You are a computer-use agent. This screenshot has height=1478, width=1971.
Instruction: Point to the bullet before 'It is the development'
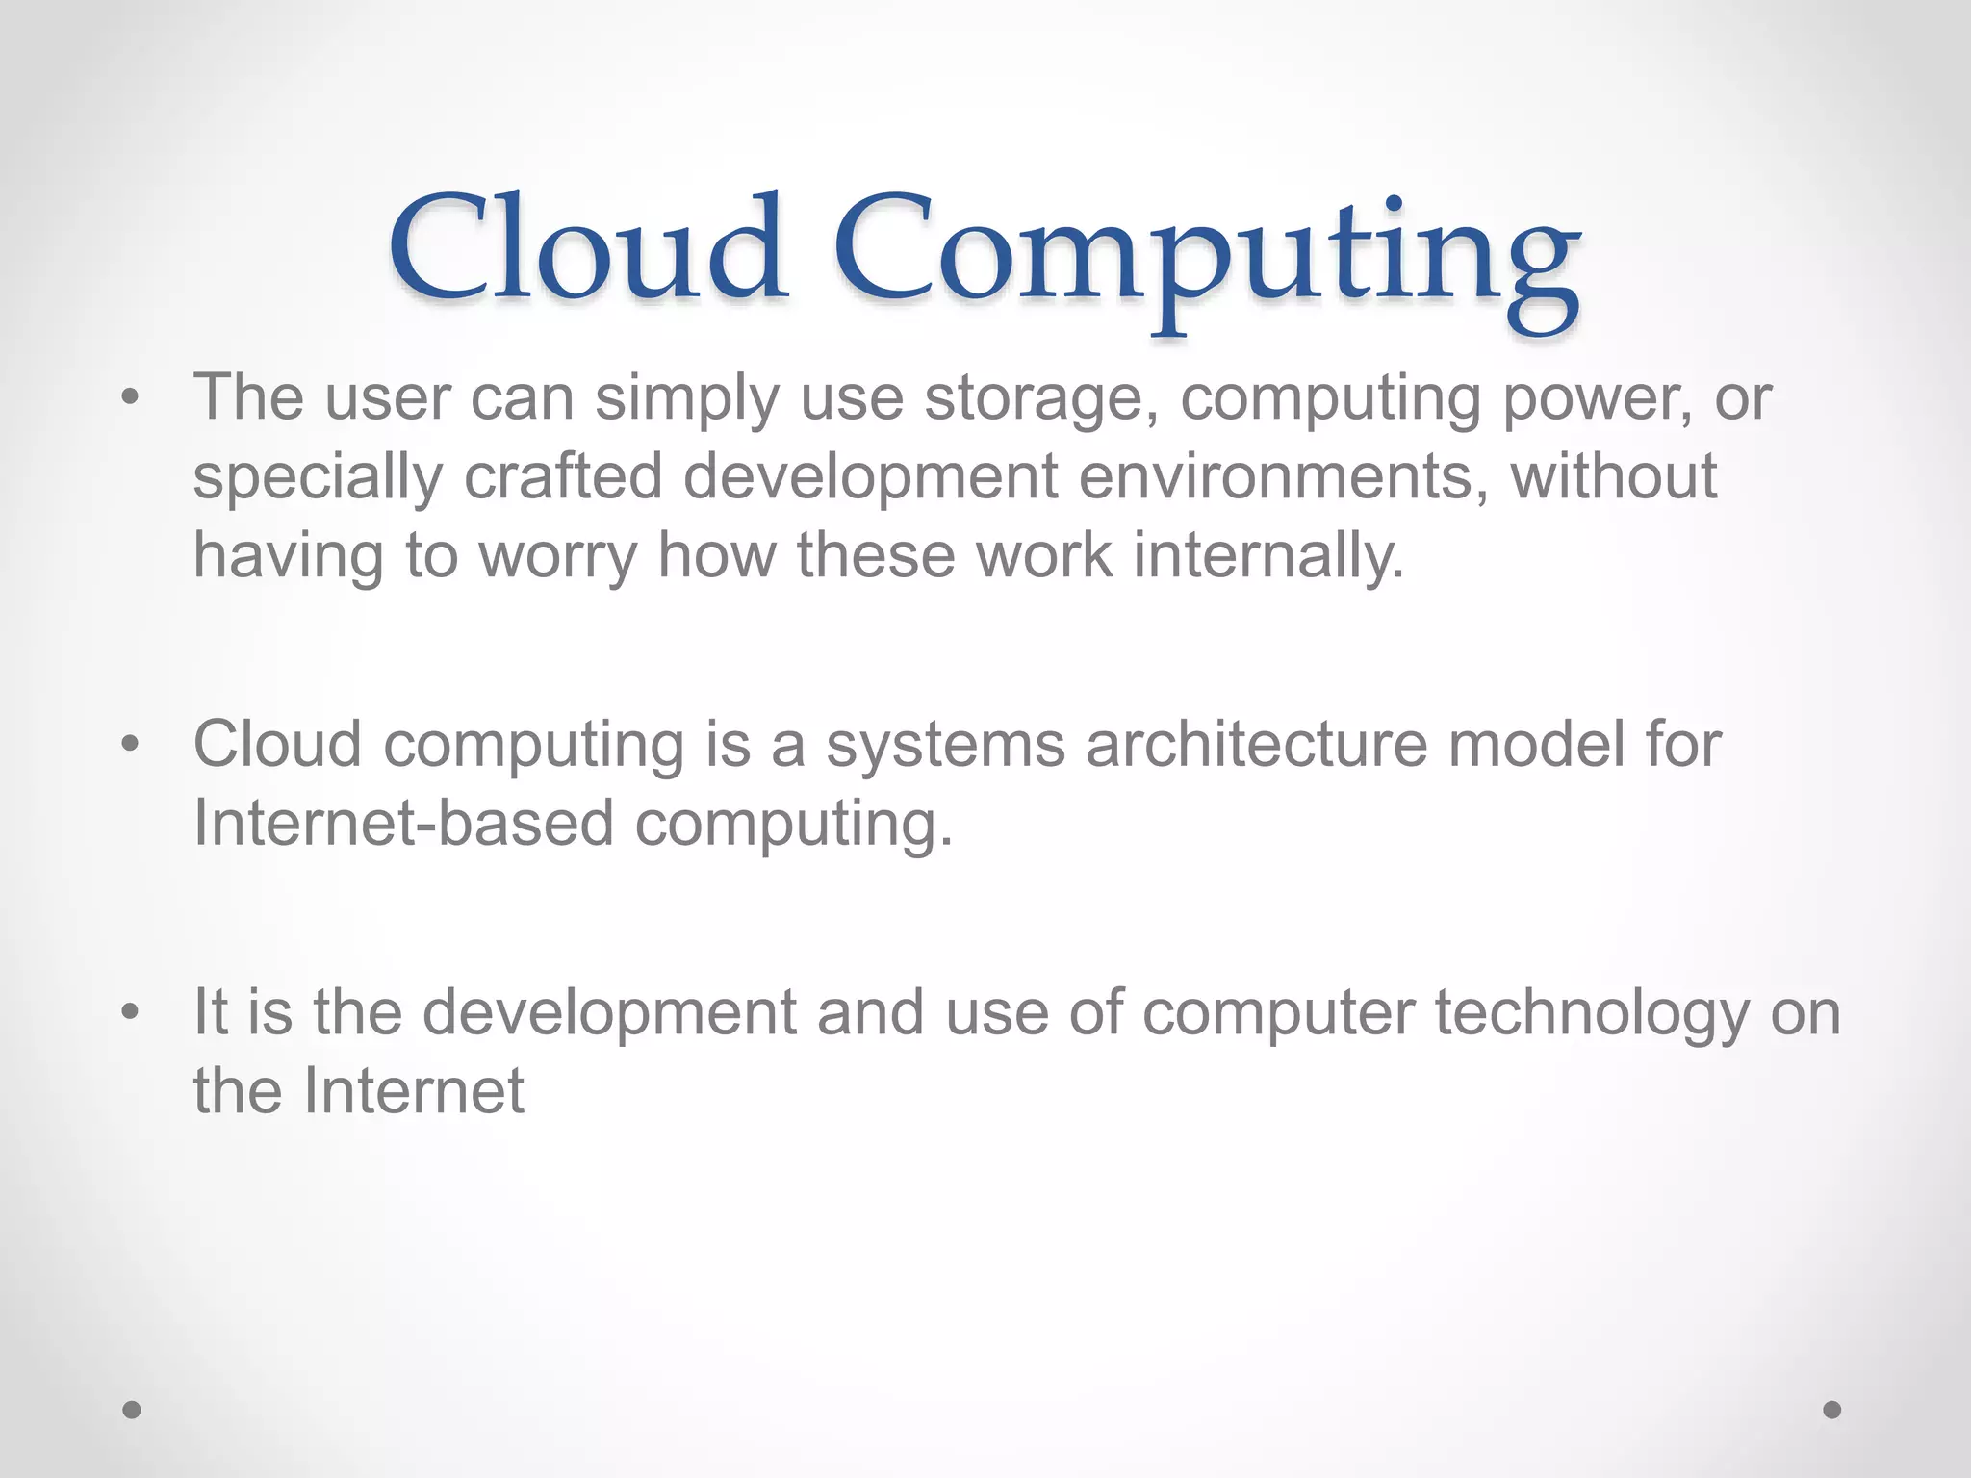click(131, 1012)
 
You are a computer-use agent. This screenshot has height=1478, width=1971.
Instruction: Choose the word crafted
click(563, 476)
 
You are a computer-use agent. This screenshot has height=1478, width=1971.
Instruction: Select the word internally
click(1268, 555)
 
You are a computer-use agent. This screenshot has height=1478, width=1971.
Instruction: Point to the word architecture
click(1256, 744)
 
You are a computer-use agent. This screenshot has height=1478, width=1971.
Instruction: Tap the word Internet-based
click(403, 823)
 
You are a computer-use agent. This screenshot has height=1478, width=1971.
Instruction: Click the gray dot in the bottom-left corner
click(132, 1410)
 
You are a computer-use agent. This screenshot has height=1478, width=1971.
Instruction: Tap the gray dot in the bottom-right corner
click(1832, 1410)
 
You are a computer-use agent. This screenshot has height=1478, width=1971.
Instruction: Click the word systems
click(945, 746)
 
